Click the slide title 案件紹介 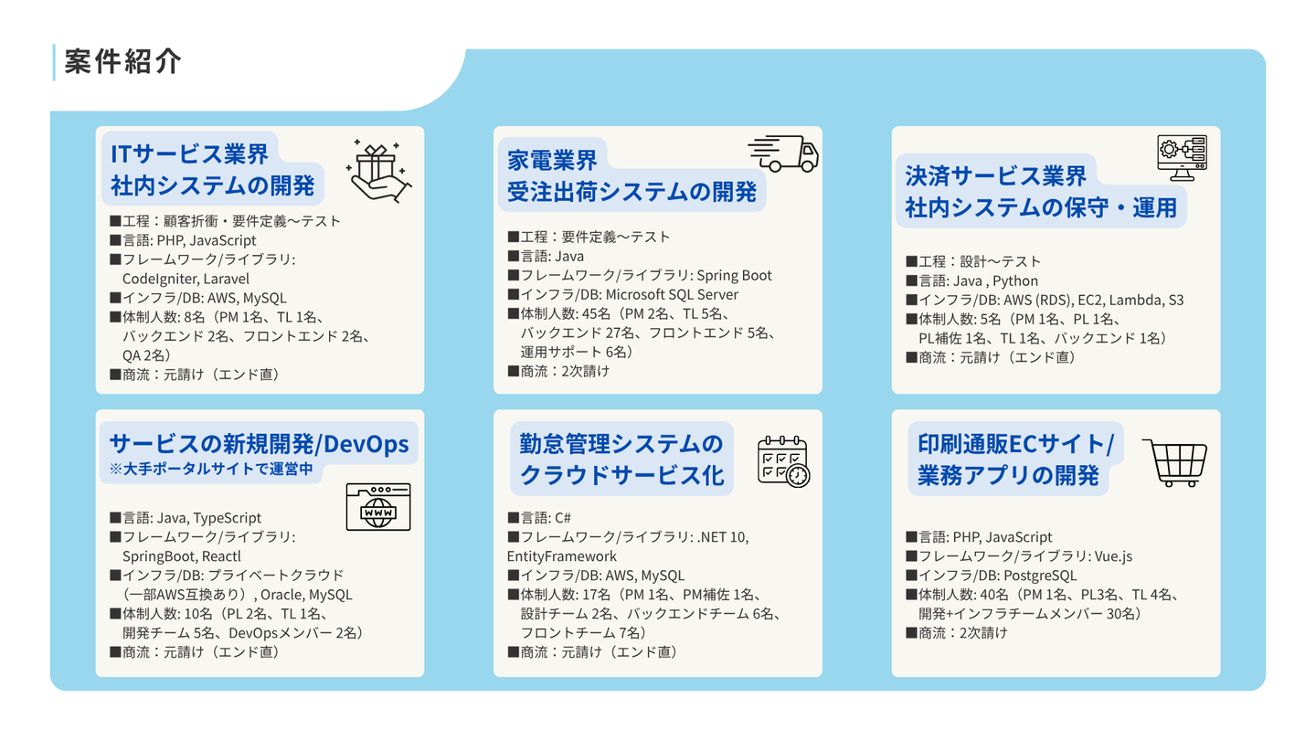click(x=122, y=62)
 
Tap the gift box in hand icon click(x=379, y=171)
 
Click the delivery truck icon click(x=783, y=153)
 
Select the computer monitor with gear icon click(x=1182, y=158)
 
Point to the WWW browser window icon click(x=378, y=507)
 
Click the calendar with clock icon click(x=784, y=461)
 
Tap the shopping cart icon click(x=1175, y=463)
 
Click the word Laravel click(x=227, y=279)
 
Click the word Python click(x=1015, y=280)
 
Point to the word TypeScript click(x=228, y=518)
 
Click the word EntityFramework click(x=562, y=556)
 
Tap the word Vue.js click(x=1113, y=556)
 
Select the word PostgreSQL click(x=1040, y=576)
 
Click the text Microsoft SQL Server click(x=672, y=294)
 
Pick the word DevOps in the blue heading click(x=366, y=444)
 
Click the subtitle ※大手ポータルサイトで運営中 click(x=211, y=470)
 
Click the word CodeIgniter click(x=160, y=279)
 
